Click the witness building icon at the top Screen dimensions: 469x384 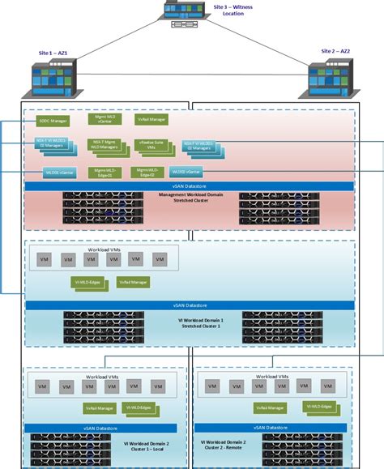coord(182,15)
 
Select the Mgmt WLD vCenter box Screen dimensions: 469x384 coord(104,119)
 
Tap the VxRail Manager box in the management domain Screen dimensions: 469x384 coord(151,120)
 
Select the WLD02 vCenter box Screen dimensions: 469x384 coord(186,172)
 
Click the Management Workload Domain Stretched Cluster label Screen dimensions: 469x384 coord(191,200)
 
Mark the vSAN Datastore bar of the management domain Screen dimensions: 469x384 coord(191,185)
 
